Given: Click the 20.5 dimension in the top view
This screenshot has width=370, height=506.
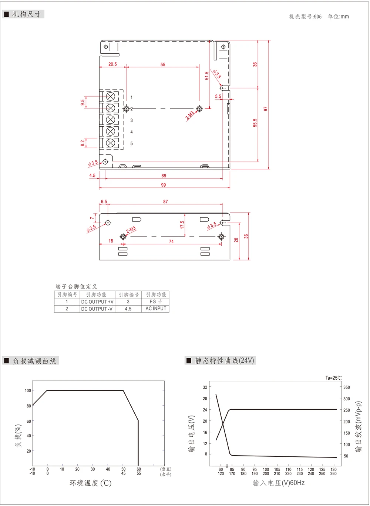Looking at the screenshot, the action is click(112, 64).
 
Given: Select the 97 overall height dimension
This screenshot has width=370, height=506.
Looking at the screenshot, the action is click(266, 109).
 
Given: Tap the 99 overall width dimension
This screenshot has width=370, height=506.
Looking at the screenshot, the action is click(163, 185).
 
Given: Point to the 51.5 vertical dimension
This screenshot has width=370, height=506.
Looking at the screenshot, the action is click(207, 76).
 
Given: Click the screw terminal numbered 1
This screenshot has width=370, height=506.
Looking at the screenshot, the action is click(110, 96).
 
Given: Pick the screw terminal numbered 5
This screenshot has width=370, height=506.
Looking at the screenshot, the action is click(110, 143).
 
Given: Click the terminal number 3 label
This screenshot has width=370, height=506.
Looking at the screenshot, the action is click(131, 120).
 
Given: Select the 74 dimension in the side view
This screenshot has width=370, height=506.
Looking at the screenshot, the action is click(171, 242).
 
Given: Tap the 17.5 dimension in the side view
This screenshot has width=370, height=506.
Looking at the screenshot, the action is click(182, 225).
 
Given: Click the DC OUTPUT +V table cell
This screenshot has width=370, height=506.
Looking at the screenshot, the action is click(97, 302).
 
